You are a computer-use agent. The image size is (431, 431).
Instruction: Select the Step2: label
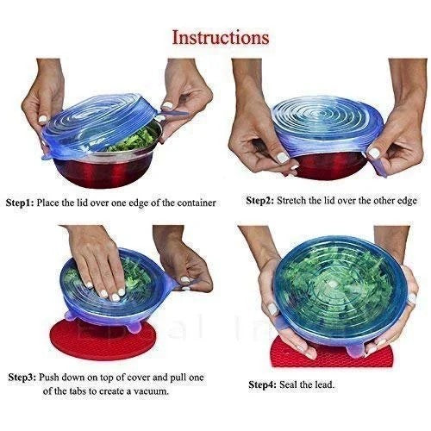pos(260,200)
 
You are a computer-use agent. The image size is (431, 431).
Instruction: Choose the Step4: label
pos(265,384)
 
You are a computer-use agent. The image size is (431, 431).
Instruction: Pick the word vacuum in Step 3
pos(147,391)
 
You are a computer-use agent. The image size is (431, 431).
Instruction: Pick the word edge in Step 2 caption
pos(404,200)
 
